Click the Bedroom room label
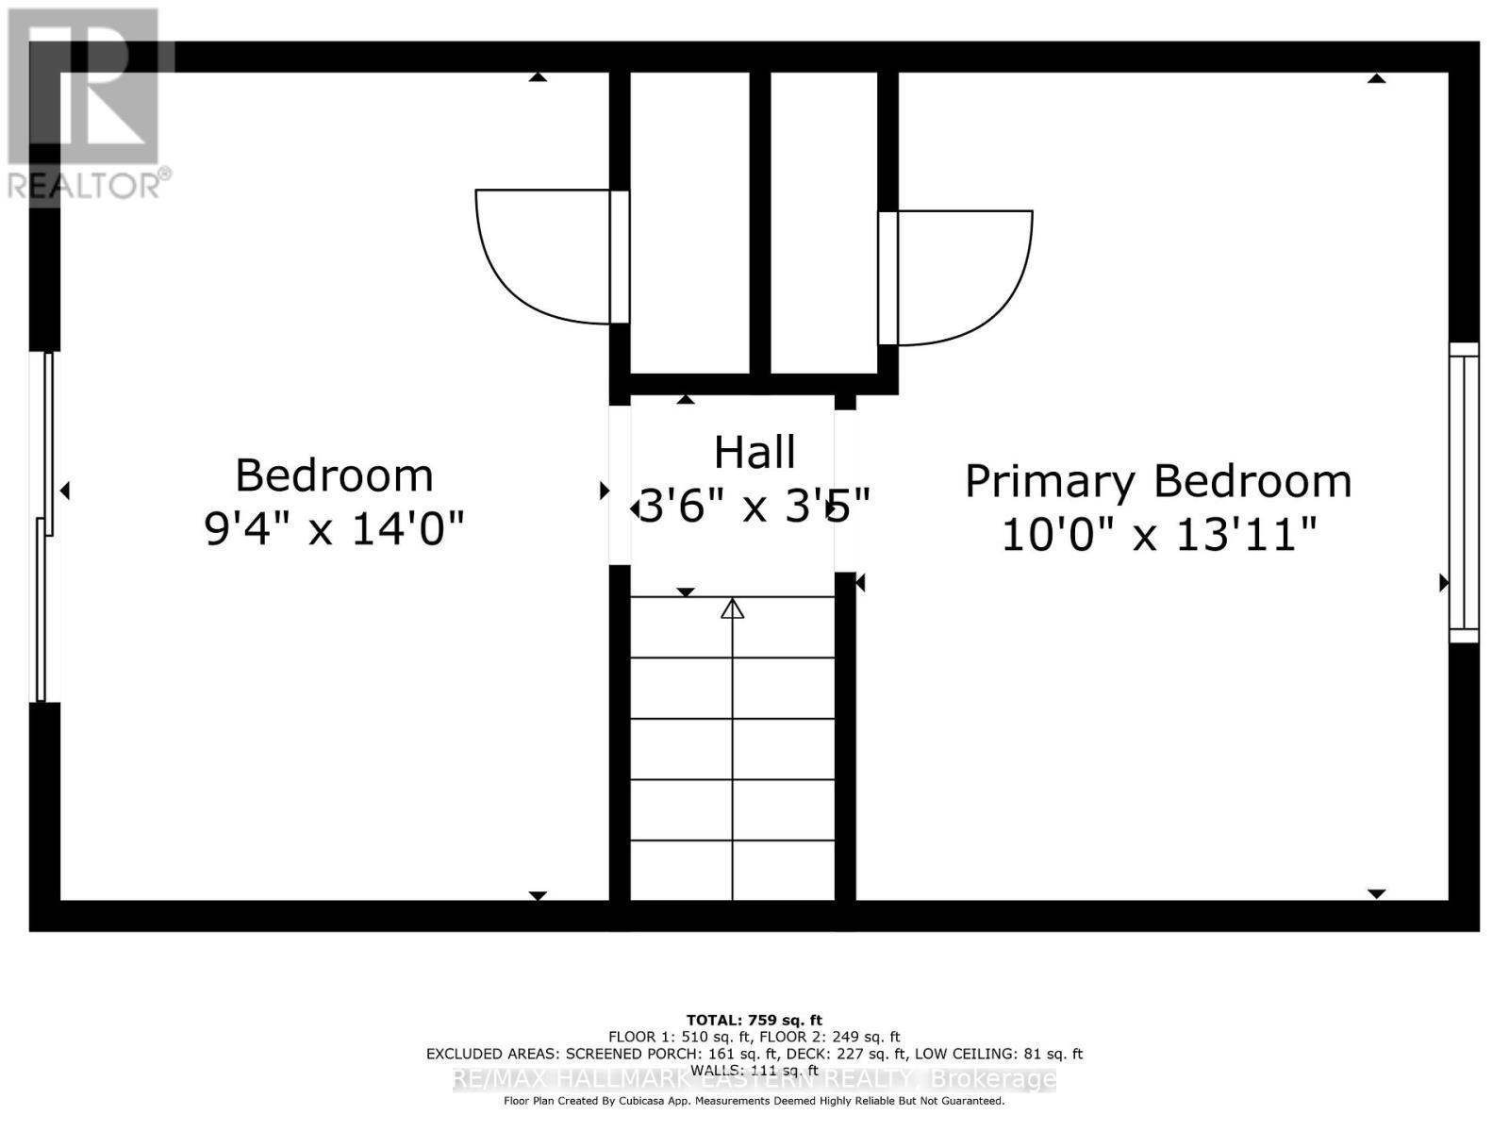[x=334, y=475]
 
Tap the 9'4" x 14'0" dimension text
[x=334, y=528]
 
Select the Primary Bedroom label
[x=1157, y=482]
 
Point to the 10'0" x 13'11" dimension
[x=1157, y=536]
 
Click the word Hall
[x=754, y=453]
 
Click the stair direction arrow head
[x=733, y=609]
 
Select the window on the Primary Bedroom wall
[x=1464, y=492]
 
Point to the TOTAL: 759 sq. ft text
[x=754, y=1020]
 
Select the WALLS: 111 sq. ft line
[x=754, y=1070]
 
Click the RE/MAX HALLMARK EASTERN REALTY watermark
[x=754, y=1080]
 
